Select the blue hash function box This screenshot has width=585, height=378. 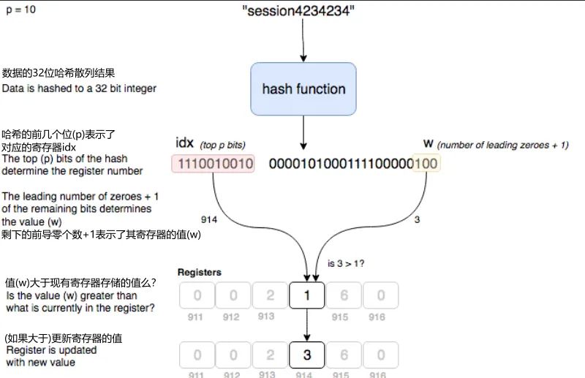(x=303, y=89)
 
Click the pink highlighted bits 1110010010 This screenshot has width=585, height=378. (x=213, y=164)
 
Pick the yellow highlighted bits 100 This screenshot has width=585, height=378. (x=426, y=164)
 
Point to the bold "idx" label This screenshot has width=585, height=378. (x=185, y=143)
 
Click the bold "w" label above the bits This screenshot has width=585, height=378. (x=429, y=143)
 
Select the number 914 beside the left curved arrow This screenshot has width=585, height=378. (x=210, y=219)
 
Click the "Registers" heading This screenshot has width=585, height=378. (x=199, y=273)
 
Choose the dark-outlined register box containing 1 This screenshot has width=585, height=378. (x=307, y=295)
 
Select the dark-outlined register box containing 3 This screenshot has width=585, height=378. (x=307, y=355)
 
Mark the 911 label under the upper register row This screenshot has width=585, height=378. (x=195, y=317)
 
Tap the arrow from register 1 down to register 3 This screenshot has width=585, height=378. (x=307, y=325)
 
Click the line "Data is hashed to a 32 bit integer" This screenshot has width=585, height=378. (x=79, y=88)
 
